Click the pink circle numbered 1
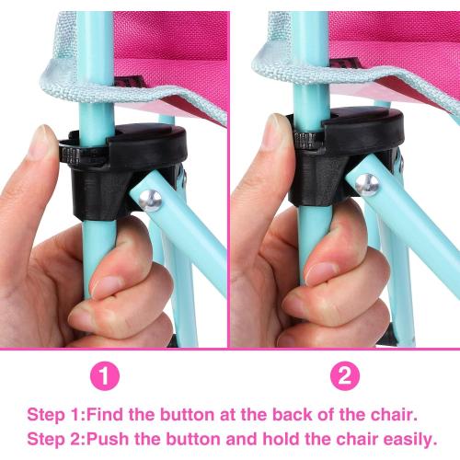pos(105,375)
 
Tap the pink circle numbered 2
pos(344,375)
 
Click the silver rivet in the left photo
pos(150,201)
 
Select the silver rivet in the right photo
pos(367,185)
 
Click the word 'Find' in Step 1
pos(106,415)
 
